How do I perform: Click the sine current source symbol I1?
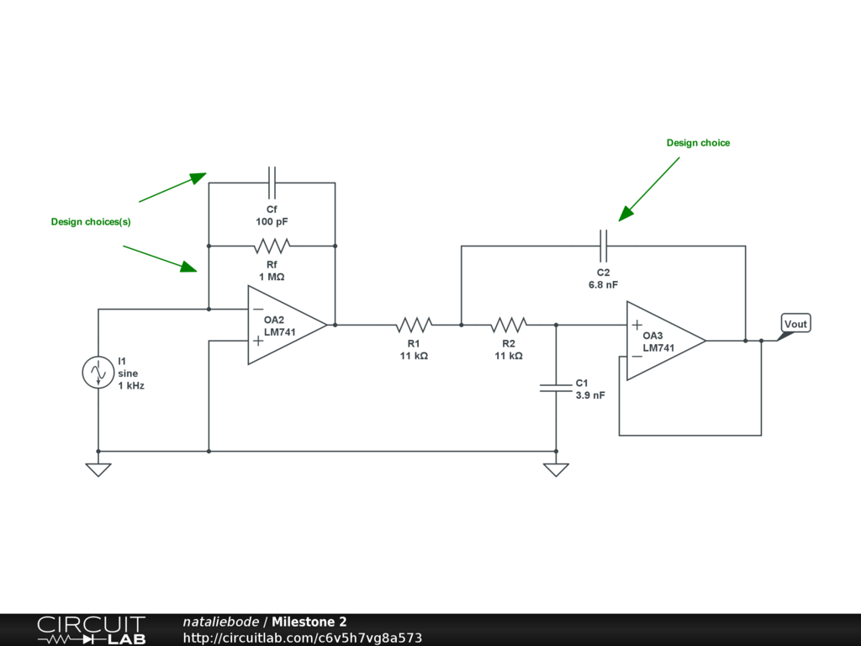tap(98, 373)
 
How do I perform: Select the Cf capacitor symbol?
tap(272, 183)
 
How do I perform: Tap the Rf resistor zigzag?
tap(272, 246)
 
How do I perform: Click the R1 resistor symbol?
tap(414, 325)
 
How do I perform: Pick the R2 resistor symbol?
tap(509, 325)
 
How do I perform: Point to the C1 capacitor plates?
tap(556, 388)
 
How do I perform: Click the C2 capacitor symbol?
tap(603, 246)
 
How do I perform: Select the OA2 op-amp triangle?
tap(288, 325)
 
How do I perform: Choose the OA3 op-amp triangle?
tap(666, 341)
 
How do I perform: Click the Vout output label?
tap(795, 324)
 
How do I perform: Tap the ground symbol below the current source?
tap(98, 469)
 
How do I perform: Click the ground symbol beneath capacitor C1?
tap(556, 469)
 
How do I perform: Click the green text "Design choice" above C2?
tap(698, 143)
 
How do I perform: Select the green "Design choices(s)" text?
tap(91, 222)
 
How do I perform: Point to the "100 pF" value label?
tap(272, 221)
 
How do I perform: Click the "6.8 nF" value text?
tap(603, 284)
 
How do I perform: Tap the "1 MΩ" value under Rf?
tap(272, 277)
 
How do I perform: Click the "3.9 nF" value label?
tap(590, 395)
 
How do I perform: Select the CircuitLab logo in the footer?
tap(91, 630)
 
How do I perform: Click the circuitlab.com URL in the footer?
tap(303, 638)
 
